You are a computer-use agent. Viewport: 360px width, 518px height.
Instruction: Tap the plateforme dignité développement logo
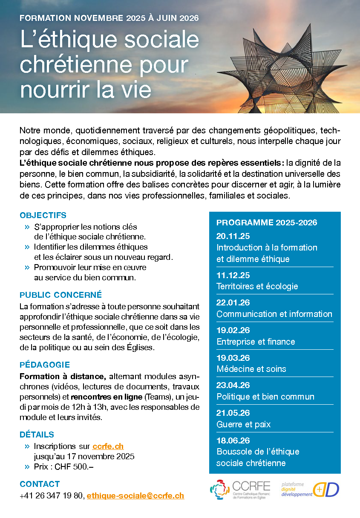pyautogui.click(x=310, y=490)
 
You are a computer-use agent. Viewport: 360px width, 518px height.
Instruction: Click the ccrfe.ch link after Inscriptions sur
pyautogui.click(x=108, y=446)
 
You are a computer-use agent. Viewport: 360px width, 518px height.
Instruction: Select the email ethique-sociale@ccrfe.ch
pyautogui.click(x=135, y=495)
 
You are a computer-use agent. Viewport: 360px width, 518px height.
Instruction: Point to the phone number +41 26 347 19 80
pyautogui.click(x=52, y=495)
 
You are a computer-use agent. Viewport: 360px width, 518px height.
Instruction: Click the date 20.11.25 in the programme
pyautogui.click(x=233, y=236)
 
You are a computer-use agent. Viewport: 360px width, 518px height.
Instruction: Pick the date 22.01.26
pyautogui.click(x=233, y=302)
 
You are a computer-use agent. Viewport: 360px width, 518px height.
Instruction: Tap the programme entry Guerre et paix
pyautogui.click(x=243, y=424)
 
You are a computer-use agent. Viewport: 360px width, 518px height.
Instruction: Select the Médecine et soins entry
pyautogui.click(x=251, y=369)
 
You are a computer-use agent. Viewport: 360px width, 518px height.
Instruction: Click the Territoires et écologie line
pyautogui.click(x=257, y=286)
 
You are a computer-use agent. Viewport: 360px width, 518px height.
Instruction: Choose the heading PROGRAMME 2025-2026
pyautogui.click(x=267, y=223)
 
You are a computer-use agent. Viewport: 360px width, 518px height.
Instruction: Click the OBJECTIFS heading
pyautogui.click(x=43, y=216)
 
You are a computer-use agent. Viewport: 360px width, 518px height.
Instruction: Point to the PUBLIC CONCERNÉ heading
pyautogui.click(x=61, y=295)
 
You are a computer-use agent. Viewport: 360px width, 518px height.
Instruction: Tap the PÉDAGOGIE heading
pyautogui.click(x=45, y=365)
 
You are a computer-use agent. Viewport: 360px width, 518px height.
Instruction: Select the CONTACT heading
pyautogui.click(x=40, y=484)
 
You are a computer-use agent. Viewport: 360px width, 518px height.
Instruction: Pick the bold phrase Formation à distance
pyautogui.click(x=63, y=376)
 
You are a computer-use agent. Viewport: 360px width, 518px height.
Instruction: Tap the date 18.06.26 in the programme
pyautogui.click(x=233, y=440)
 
